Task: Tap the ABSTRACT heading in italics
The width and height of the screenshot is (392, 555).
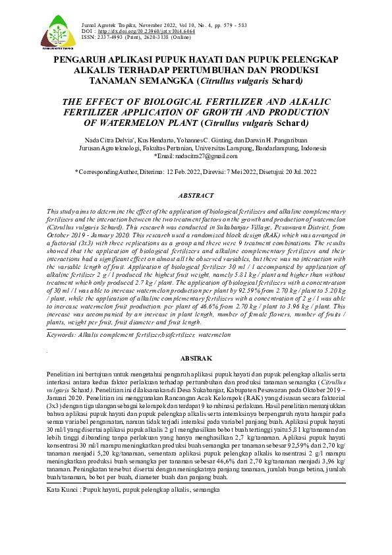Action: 196,196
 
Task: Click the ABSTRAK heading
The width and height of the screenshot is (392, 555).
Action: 196,358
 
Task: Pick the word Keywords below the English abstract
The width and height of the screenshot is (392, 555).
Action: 65,335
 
